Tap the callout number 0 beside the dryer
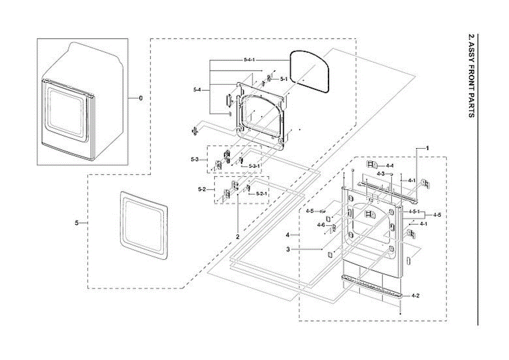click(141, 98)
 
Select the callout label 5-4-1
click(249, 60)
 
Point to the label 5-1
click(284, 79)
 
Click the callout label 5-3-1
click(254, 166)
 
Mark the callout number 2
click(238, 236)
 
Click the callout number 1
click(428, 148)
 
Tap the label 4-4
click(389, 165)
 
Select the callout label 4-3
click(380, 174)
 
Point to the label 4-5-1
click(414, 212)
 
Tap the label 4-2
click(416, 295)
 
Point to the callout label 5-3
click(195, 159)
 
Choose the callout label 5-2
click(202, 189)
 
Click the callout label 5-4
click(197, 89)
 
